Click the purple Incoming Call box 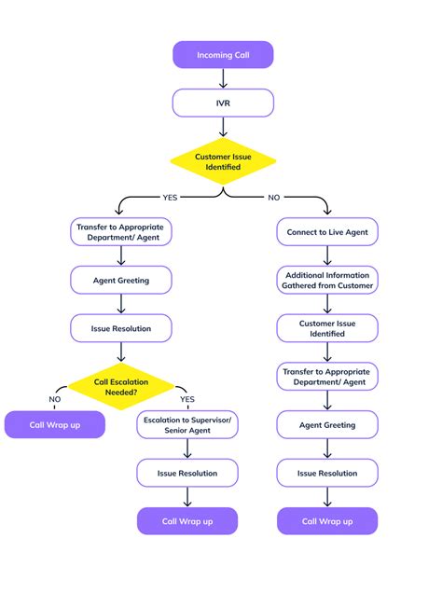(223, 55)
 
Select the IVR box (223, 103)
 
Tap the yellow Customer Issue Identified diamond (223, 161)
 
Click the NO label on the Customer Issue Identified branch (272, 198)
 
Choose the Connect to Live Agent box (327, 231)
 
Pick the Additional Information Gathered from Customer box (327, 280)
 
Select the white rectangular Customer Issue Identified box (327, 327)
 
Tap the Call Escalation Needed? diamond (121, 386)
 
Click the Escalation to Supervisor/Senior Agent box (187, 425)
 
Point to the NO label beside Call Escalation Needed (55, 398)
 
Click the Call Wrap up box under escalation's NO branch (54, 424)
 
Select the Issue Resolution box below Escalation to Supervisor (187, 473)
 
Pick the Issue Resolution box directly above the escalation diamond (121, 327)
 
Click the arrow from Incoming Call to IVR (223, 78)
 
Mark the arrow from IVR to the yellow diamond (223, 127)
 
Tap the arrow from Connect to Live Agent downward (327, 255)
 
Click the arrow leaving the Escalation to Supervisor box (187, 448)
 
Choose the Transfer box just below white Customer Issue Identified (327, 376)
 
